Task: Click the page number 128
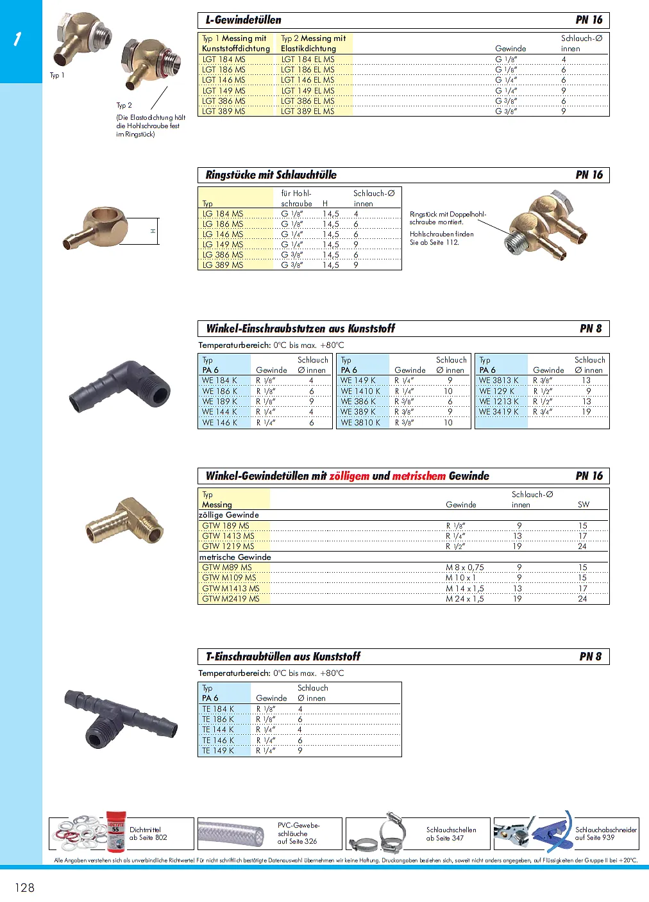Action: (x=25, y=887)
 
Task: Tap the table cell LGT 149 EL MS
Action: (x=308, y=90)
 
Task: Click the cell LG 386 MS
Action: (x=223, y=255)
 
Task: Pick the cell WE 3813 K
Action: (x=498, y=381)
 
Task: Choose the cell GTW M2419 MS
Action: (x=231, y=599)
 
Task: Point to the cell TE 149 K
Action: (x=218, y=751)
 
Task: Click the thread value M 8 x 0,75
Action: (x=465, y=568)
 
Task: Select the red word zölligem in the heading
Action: (x=350, y=476)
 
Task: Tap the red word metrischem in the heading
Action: (x=419, y=476)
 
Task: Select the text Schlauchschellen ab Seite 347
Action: (x=451, y=833)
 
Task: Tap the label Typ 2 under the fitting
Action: (x=124, y=105)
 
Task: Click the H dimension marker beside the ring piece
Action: (x=153, y=231)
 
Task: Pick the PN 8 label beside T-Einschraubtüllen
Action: (x=590, y=657)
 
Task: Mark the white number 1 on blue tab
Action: (x=17, y=39)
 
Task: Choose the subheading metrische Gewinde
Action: (x=235, y=557)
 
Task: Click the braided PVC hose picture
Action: (x=230, y=834)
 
